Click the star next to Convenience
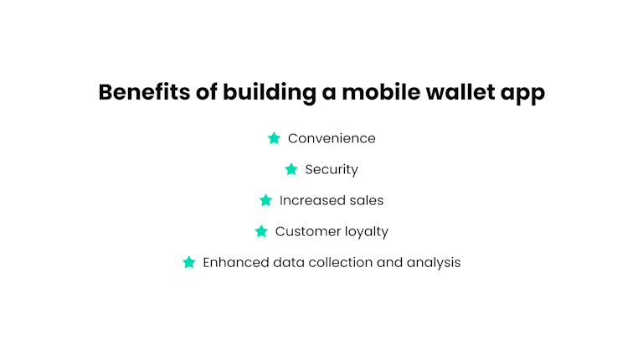[274, 138]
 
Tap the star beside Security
[291, 169]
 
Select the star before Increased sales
[266, 200]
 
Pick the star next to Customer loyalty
[261, 231]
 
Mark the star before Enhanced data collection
[189, 262]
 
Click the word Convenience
[332, 138]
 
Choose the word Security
[332, 169]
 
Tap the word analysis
[434, 263]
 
